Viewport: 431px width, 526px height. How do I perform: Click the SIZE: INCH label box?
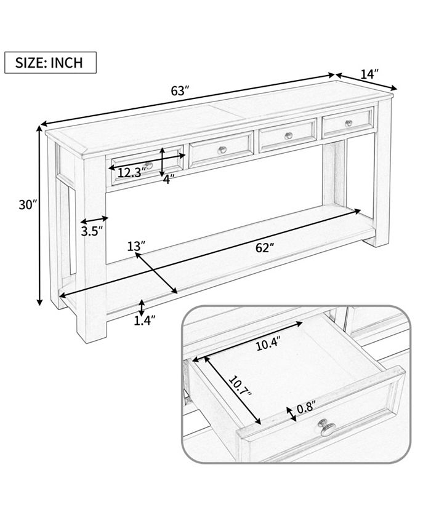pos(50,62)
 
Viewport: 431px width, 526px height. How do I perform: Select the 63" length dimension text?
pos(179,90)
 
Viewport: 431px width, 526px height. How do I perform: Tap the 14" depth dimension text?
pos(369,74)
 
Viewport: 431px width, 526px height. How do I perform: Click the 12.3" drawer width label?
pos(129,173)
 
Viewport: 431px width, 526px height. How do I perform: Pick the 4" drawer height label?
pos(169,179)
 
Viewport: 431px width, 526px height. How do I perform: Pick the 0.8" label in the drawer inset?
pos(305,407)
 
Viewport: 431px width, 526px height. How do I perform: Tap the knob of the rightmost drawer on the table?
pos(348,123)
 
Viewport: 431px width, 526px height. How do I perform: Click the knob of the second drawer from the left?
pos(223,149)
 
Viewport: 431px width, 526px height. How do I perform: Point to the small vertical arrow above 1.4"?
pos(142,306)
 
